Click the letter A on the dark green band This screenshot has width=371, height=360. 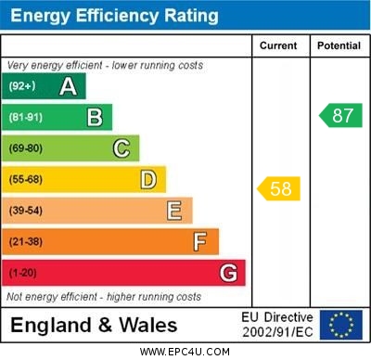[68, 86]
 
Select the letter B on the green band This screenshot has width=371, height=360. [95, 117]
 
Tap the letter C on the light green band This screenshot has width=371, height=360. [122, 148]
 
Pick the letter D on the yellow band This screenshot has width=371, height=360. [148, 179]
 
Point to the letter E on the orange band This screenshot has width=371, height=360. [174, 211]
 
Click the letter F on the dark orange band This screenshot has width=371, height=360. [200, 242]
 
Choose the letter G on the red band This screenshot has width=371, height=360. [228, 273]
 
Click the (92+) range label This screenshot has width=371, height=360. [22, 86]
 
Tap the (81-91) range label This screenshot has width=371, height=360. [26, 118]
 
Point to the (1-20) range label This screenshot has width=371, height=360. [23, 274]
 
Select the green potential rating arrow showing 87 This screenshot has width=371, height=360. [340, 116]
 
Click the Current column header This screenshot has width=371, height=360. [278, 45]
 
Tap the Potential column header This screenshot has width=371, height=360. [339, 45]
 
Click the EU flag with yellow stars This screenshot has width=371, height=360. [340, 325]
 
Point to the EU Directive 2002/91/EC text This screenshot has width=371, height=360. [277, 325]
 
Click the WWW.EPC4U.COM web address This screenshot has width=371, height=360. [185, 352]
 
